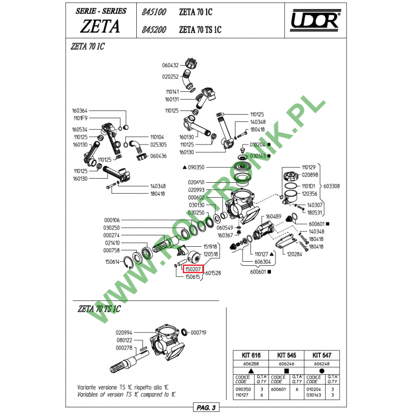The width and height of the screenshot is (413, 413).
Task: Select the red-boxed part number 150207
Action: pyautogui.click(x=193, y=269)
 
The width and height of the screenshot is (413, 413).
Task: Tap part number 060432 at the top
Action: pyautogui.click(x=170, y=66)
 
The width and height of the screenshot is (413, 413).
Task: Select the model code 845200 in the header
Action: pyautogui.click(x=153, y=30)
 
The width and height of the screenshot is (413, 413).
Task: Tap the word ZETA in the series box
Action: pyautogui.click(x=100, y=26)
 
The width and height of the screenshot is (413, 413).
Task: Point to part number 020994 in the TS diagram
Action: pyautogui.click(x=124, y=332)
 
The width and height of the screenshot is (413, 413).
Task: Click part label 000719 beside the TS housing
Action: pyautogui.click(x=198, y=332)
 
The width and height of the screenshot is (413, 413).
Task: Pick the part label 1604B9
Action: pyautogui.click(x=273, y=217)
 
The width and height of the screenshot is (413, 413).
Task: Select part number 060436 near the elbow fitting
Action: pyautogui.click(x=158, y=156)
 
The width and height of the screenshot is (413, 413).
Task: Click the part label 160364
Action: pyautogui.click(x=80, y=110)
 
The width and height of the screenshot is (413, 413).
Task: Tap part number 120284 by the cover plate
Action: pyautogui.click(x=295, y=254)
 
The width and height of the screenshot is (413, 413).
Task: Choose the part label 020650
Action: pyautogui.click(x=196, y=182)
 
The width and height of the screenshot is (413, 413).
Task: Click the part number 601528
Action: pyautogui.click(x=213, y=273)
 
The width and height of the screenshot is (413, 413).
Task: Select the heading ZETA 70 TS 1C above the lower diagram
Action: pyautogui.click(x=99, y=309)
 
